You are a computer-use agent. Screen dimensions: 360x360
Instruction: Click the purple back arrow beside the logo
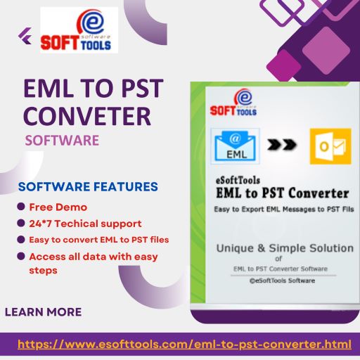(25, 36)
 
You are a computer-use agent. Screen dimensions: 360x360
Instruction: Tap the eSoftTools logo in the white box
(79, 30)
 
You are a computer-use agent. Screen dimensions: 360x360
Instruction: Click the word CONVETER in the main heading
(87, 116)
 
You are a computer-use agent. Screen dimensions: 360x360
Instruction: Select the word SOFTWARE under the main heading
(62, 141)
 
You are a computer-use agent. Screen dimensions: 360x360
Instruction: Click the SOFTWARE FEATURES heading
(88, 187)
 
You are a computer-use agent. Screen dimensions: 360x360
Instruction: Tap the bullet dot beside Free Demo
(21, 207)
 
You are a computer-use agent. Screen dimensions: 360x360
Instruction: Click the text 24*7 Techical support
(85, 224)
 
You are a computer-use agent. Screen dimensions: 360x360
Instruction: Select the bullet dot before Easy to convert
(21, 240)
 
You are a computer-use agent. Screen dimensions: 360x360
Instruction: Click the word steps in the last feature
(43, 271)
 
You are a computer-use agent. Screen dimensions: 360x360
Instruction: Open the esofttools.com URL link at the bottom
(184, 345)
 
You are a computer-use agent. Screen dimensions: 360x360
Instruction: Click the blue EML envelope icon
(235, 146)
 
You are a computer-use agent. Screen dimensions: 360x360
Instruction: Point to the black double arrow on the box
(282, 144)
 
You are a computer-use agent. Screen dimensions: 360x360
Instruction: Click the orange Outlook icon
(330, 146)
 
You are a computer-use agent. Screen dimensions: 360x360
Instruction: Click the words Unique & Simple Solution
(285, 248)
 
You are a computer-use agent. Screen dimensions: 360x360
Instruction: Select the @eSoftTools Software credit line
(282, 281)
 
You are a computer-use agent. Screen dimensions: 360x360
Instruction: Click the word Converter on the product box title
(319, 193)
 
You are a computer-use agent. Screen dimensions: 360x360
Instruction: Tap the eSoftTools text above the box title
(238, 181)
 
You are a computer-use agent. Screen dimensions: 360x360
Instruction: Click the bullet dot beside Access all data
(21, 256)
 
